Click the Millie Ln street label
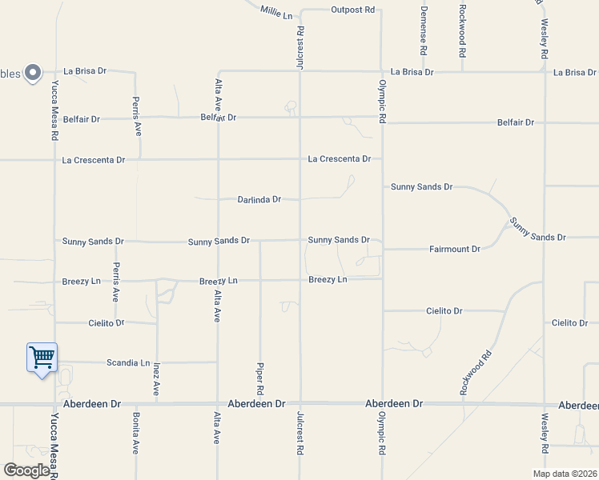(277, 10)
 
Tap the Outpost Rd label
(352, 10)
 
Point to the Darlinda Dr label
(259, 199)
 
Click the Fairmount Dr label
(454, 250)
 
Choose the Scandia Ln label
(128, 362)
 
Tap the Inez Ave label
(156, 378)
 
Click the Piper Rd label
(260, 379)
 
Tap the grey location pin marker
(33, 73)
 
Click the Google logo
(26, 470)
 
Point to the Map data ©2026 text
(564, 473)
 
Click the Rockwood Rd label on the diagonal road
(476, 372)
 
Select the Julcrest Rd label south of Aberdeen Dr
(300, 434)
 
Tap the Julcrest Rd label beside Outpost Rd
(300, 48)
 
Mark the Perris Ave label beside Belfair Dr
(137, 116)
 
